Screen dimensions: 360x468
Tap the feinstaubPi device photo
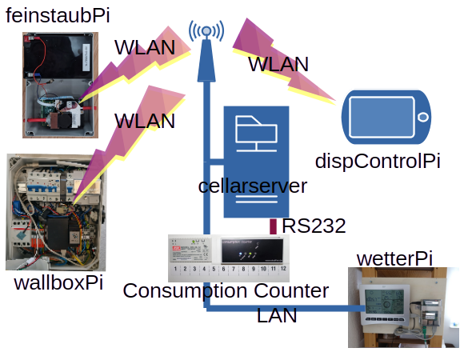click(60, 86)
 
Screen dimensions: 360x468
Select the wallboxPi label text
click(59, 283)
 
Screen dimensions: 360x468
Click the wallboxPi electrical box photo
click(55, 212)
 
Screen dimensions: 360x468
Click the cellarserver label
click(253, 186)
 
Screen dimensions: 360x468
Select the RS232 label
click(314, 226)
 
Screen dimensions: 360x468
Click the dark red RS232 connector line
click(274, 226)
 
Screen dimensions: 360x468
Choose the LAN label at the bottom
click(277, 315)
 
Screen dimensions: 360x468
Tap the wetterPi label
click(395, 258)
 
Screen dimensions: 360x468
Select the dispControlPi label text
click(378, 160)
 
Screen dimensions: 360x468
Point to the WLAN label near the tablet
click(278, 65)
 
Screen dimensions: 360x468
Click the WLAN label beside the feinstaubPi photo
click(144, 47)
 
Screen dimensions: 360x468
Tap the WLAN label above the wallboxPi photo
click(144, 121)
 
